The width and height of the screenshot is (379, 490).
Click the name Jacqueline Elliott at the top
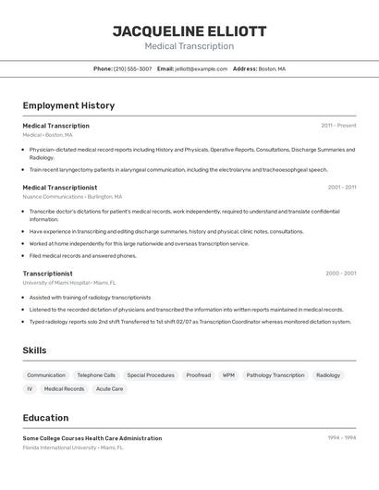(x=189, y=31)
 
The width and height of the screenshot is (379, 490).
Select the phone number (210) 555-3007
(x=132, y=68)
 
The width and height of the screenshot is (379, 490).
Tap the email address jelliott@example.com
(x=201, y=68)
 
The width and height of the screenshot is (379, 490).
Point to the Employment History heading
(x=68, y=105)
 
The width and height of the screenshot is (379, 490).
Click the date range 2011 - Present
(x=338, y=126)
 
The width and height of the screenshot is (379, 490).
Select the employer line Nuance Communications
(x=72, y=197)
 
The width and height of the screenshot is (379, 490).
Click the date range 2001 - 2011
(x=341, y=187)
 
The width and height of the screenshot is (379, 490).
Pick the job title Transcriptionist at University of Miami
(x=47, y=274)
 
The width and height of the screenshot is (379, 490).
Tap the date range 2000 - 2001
(x=340, y=274)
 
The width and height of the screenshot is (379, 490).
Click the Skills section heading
(x=34, y=350)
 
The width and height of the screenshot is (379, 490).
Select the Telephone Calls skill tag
(x=96, y=375)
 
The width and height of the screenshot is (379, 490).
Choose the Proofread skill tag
(x=198, y=375)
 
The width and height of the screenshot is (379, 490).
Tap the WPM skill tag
(x=228, y=375)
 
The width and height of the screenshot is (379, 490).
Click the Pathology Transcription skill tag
(x=275, y=375)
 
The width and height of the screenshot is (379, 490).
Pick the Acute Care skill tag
(x=110, y=389)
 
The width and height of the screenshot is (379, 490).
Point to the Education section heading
(x=45, y=418)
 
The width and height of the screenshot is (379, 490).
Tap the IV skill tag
(x=30, y=389)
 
